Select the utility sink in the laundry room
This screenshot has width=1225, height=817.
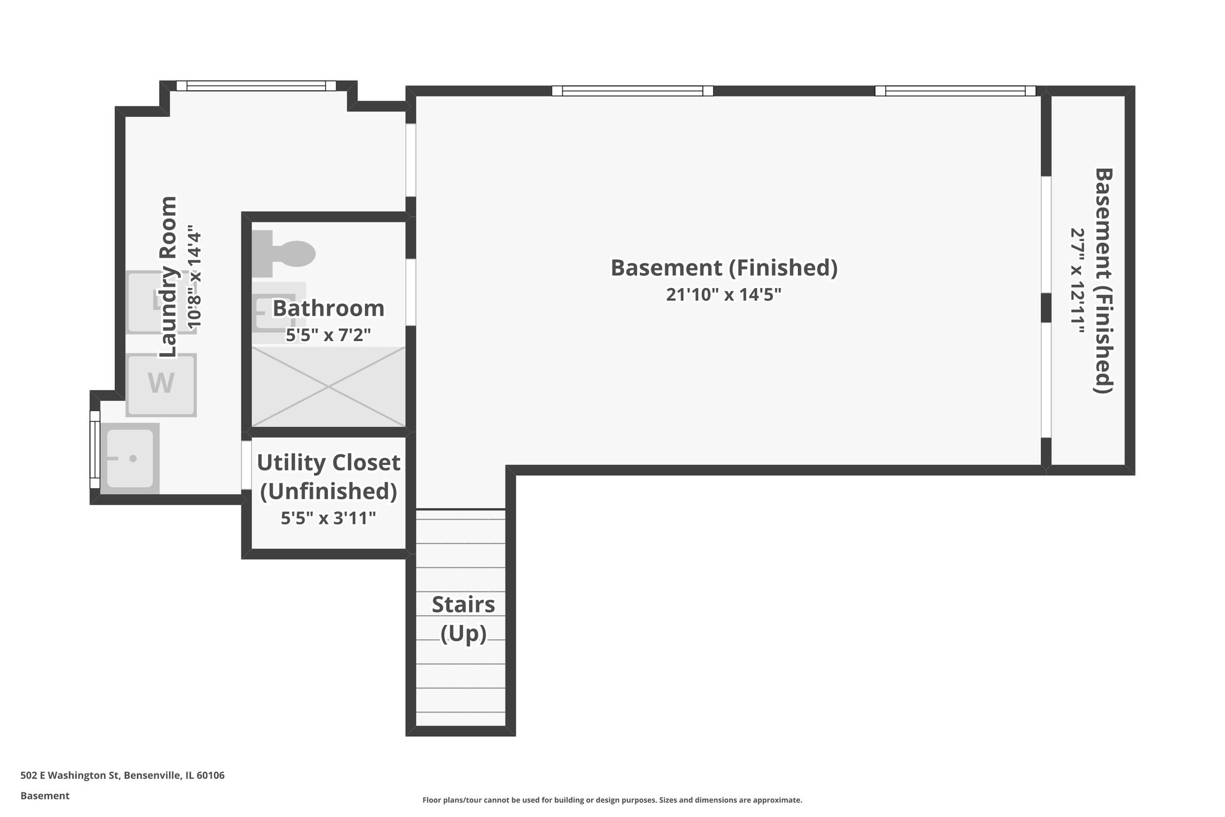click(x=130, y=458)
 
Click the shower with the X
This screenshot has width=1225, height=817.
click(x=328, y=387)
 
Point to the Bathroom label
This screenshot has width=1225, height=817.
click(x=328, y=309)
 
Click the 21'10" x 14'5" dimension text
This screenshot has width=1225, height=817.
click(x=724, y=295)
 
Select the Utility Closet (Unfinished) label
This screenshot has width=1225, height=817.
click(x=328, y=476)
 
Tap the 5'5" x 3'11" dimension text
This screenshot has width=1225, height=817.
click(x=328, y=518)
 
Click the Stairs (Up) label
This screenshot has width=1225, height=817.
click(x=463, y=619)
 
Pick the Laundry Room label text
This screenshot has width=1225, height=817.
click(x=169, y=277)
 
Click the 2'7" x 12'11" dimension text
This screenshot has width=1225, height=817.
click(x=1078, y=281)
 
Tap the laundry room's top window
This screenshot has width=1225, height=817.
click(x=257, y=86)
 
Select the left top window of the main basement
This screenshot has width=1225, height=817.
click(x=632, y=91)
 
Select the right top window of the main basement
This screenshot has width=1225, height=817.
click(x=955, y=91)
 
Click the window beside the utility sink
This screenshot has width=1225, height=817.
click(x=95, y=449)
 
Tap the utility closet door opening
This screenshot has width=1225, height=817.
click(x=246, y=465)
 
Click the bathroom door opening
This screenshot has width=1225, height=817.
click(x=410, y=292)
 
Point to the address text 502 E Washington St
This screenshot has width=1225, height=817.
click(x=123, y=776)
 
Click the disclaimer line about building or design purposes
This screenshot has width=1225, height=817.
click(x=612, y=800)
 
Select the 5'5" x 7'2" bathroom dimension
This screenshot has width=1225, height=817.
click(x=328, y=335)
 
